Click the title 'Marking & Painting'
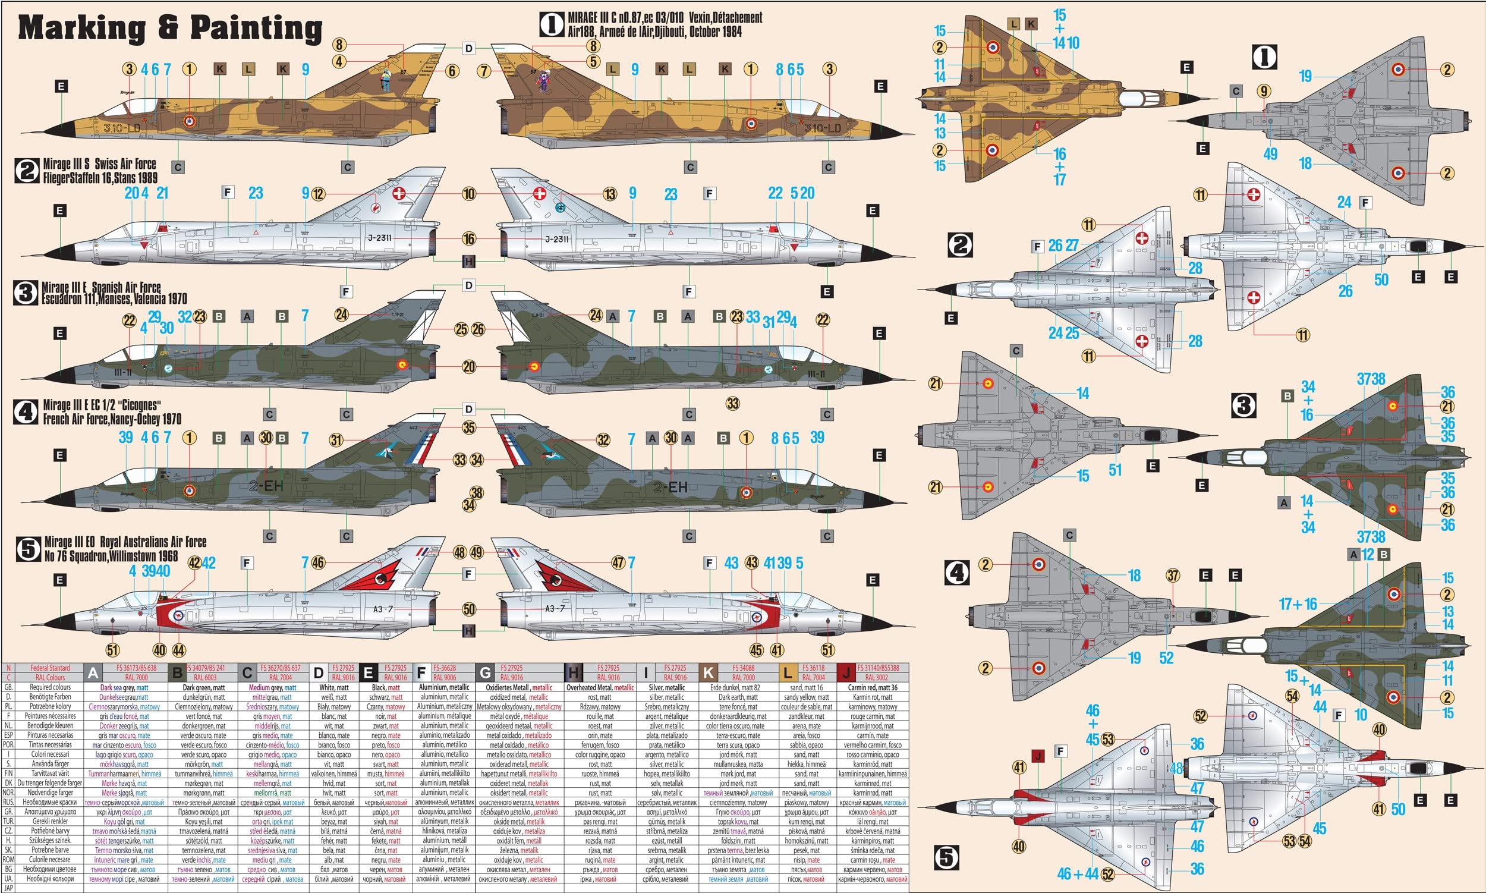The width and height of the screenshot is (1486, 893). pos(170,29)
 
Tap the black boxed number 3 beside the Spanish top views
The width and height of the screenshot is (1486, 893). pos(1243,405)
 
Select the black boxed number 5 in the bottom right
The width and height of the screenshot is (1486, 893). pos(946,858)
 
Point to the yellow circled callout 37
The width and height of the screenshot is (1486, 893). pos(1173,576)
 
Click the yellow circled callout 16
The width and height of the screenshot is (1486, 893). pos(469,239)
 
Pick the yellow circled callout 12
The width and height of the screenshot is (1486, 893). pos(318,194)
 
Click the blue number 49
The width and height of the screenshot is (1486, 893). pos(1270,154)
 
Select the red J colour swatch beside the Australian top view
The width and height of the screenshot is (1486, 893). pos(1038,755)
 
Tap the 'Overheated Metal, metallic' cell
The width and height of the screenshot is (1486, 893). pos(600,687)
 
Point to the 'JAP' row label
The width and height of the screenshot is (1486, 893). pos(8,888)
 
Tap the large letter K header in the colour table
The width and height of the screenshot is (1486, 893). pos(709,672)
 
